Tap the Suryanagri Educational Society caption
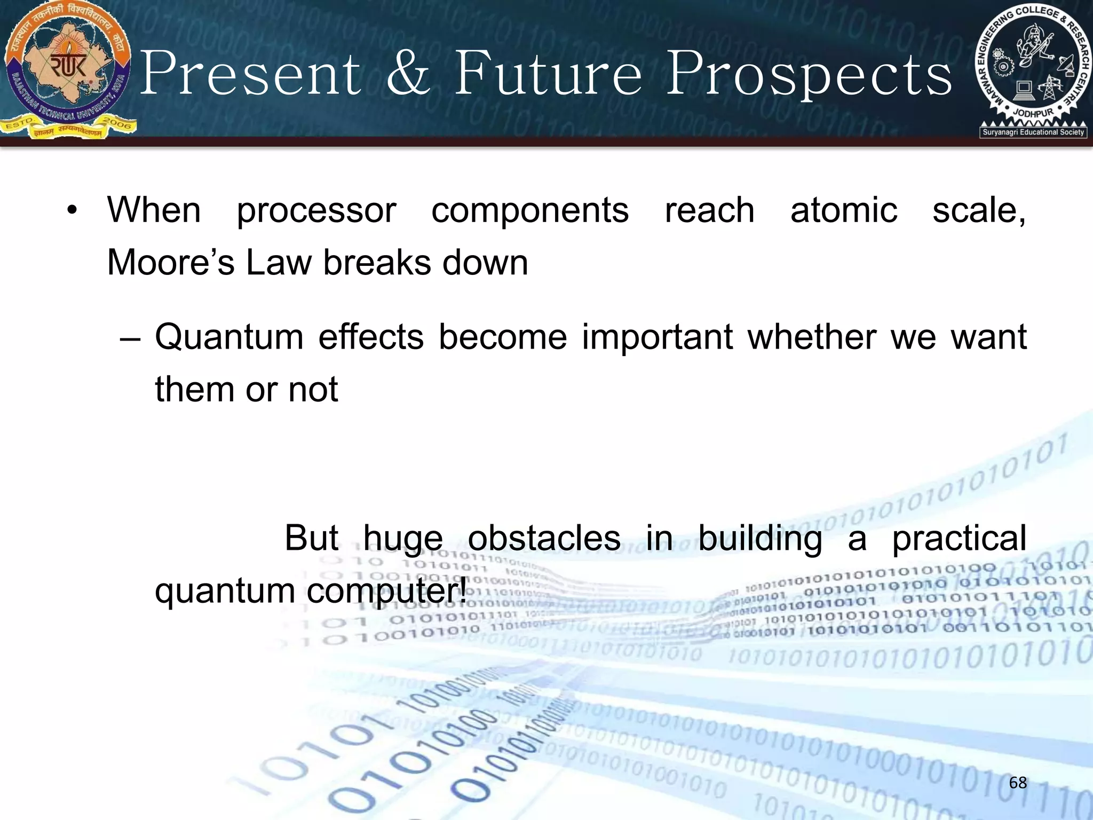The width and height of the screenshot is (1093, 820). tap(1033, 132)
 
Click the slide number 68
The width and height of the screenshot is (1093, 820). tap(1018, 783)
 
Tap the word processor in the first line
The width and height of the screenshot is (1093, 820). tap(316, 211)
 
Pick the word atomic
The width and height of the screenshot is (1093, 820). tap(843, 210)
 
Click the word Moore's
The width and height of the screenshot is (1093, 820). tap(171, 263)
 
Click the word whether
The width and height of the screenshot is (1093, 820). tap(811, 337)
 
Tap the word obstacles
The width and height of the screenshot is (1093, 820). tap(544, 538)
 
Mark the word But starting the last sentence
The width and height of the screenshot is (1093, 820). tap(311, 538)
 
